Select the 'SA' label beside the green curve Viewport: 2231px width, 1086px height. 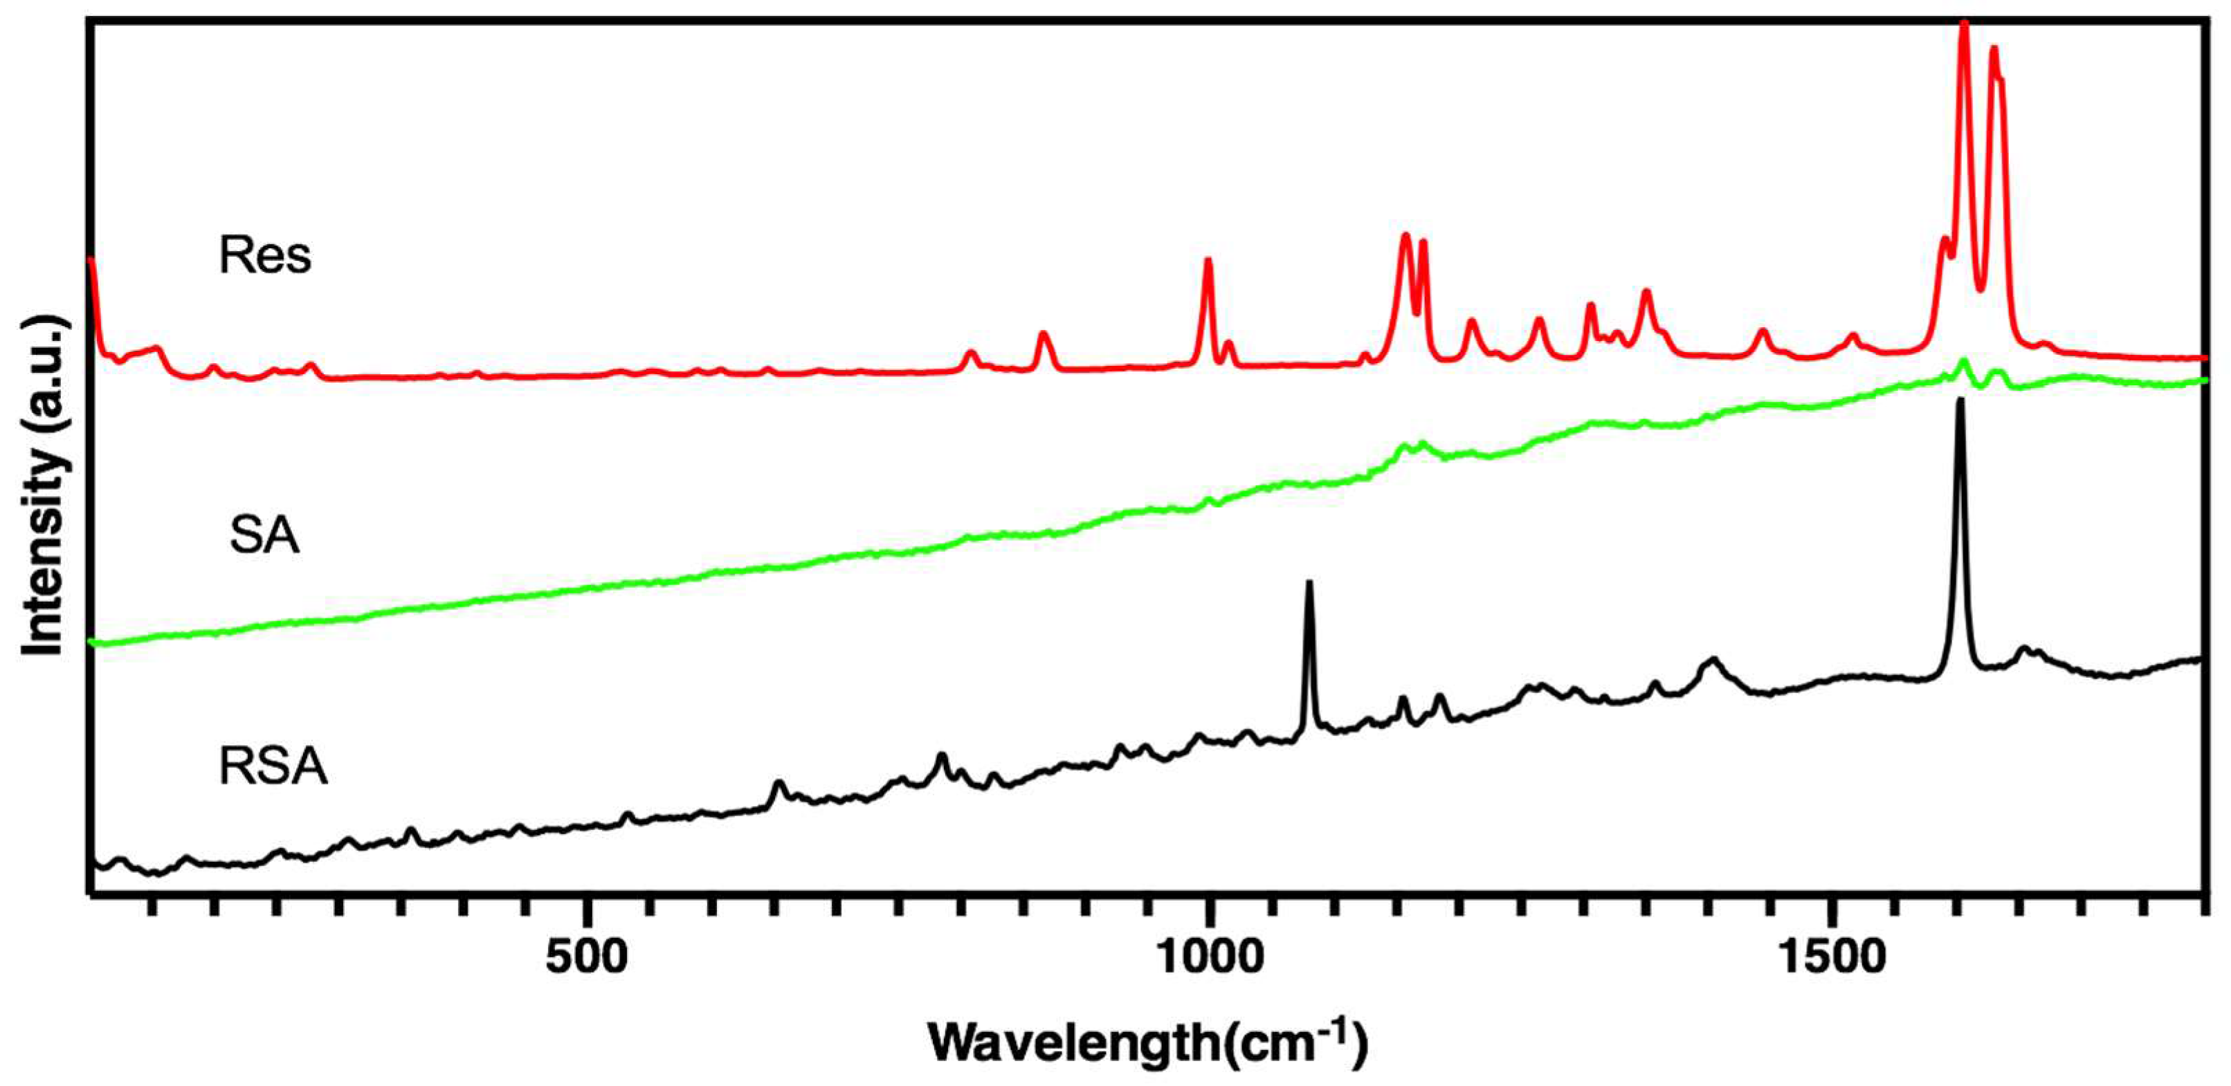point(264,536)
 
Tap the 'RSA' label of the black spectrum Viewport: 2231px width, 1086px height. point(273,767)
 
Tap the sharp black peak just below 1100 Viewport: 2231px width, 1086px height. point(1309,583)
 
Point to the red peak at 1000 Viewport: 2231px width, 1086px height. point(1208,260)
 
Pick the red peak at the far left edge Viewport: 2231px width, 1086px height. point(91,260)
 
